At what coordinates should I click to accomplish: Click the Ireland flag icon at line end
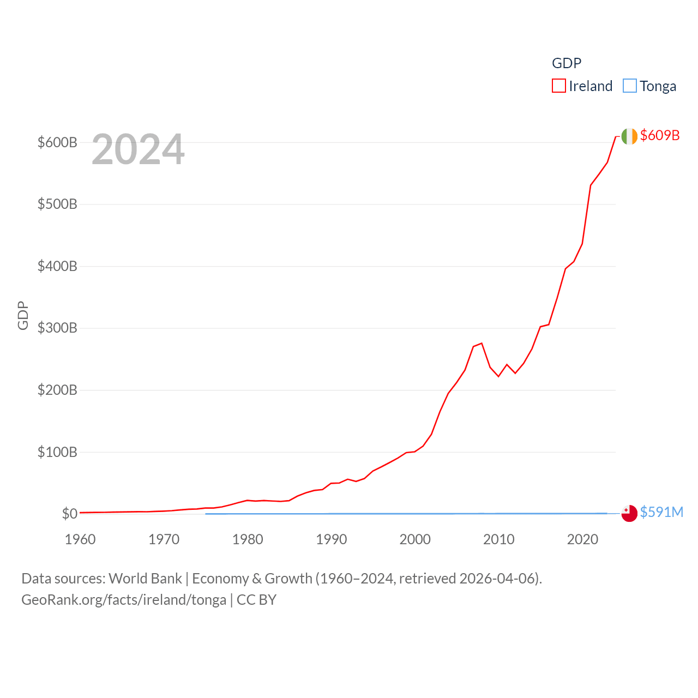(x=629, y=136)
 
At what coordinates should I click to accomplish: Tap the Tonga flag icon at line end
(x=629, y=513)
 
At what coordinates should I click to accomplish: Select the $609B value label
(x=660, y=135)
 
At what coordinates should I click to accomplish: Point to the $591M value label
(x=661, y=512)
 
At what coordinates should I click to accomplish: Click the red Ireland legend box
(x=559, y=86)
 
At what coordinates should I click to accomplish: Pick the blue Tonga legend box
(x=630, y=86)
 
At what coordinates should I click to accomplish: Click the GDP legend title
(x=567, y=63)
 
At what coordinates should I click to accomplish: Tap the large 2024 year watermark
(x=138, y=149)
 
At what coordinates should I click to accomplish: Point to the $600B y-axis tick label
(x=57, y=142)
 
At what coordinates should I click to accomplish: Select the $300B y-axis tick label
(x=57, y=328)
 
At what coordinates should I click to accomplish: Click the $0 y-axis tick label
(x=69, y=514)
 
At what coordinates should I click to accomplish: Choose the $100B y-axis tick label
(x=57, y=452)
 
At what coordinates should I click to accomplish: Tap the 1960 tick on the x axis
(x=80, y=539)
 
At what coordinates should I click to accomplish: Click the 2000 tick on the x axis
(x=415, y=539)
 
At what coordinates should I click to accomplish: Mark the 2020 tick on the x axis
(x=582, y=539)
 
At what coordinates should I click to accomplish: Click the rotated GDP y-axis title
(x=23, y=315)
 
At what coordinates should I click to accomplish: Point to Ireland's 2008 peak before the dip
(x=482, y=343)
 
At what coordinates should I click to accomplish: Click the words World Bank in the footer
(x=146, y=579)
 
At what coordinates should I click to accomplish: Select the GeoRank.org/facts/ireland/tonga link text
(x=124, y=600)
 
